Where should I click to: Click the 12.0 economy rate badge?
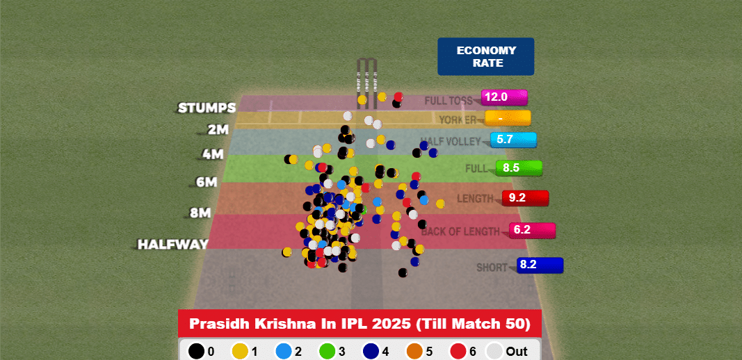click(x=504, y=97)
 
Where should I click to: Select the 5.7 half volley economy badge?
click(x=513, y=140)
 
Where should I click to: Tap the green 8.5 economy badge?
click(x=519, y=167)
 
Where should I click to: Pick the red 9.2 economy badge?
click(x=525, y=198)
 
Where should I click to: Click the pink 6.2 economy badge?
click(x=532, y=229)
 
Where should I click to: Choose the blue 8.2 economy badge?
click(x=540, y=265)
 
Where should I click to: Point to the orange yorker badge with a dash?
click(x=508, y=118)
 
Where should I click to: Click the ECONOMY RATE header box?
click(x=485, y=56)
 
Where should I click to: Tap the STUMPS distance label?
click(x=207, y=108)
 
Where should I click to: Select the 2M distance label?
click(x=218, y=130)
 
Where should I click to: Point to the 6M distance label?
click(x=207, y=183)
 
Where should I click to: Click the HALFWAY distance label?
click(x=173, y=245)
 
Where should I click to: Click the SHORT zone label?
click(x=492, y=268)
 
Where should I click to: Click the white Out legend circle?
click(x=495, y=351)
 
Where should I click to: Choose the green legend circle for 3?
click(x=327, y=351)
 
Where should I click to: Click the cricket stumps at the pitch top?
click(x=367, y=83)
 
